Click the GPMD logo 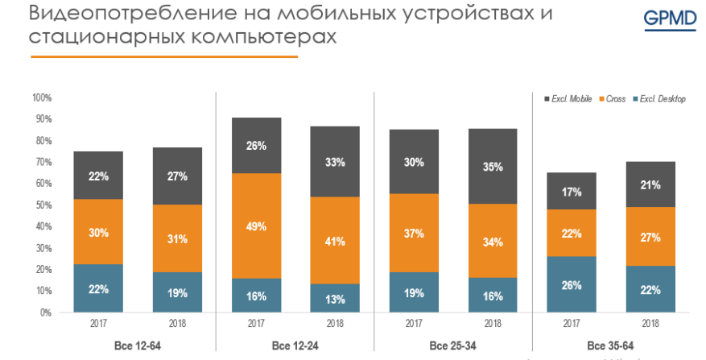tap(670, 19)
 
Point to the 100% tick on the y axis tap(42, 97)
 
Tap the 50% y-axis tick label tap(42, 205)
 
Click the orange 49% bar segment tap(256, 226)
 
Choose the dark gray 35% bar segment tap(493, 167)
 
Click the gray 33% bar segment tap(335, 162)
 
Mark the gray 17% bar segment tap(572, 192)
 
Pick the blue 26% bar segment tap(572, 283)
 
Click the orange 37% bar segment tap(414, 233)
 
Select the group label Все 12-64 tap(137, 346)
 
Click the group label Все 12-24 tap(295, 346)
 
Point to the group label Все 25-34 tap(453, 346)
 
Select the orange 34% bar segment tap(493, 241)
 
